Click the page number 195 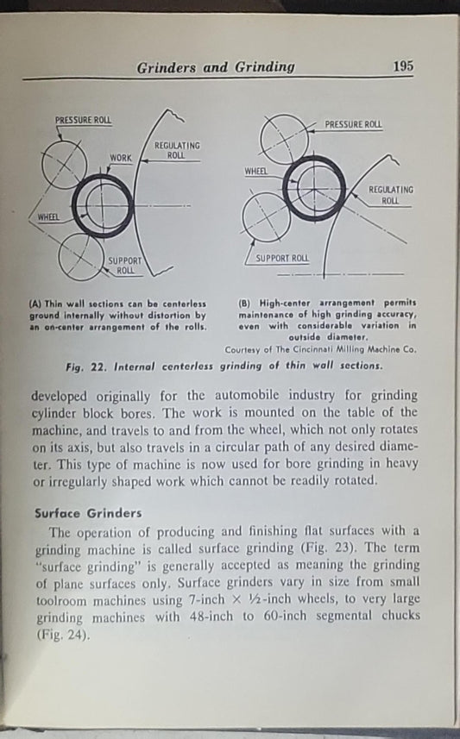click(x=403, y=66)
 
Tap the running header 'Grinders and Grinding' click(x=216, y=66)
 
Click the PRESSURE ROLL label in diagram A click(x=84, y=119)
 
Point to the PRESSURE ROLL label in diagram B click(x=353, y=124)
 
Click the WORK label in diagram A click(x=121, y=159)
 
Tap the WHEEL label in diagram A click(x=48, y=216)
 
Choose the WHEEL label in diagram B click(x=256, y=171)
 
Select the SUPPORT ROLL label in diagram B click(x=282, y=258)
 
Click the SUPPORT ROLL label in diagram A click(x=126, y=265)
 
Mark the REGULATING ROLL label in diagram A click(x=176, y=150)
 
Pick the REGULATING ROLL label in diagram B click(x=390, y=195)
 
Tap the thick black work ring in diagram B click(x=313, y=188)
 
